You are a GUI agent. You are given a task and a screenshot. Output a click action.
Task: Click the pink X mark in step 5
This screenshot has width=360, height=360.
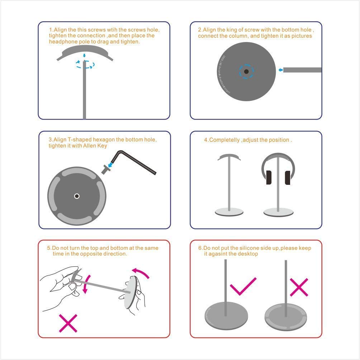(68, 323)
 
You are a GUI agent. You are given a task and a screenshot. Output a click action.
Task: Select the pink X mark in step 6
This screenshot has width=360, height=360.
(299, 287)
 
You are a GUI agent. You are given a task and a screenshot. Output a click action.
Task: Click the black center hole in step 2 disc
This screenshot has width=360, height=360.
(246, 71)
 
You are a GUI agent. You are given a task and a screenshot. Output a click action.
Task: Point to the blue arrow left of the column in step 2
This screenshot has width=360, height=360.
(280, 70)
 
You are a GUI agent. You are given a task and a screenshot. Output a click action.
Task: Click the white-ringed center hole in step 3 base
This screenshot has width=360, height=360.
(77, 196)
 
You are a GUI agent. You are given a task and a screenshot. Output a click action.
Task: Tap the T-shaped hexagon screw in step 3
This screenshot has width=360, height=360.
(106, 169)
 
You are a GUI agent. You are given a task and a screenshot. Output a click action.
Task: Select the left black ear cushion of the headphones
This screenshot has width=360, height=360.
(269, 177)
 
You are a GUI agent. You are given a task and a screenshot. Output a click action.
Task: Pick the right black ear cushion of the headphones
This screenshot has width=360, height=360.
(288, 178)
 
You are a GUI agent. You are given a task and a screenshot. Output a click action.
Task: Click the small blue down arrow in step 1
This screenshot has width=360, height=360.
(84, 55)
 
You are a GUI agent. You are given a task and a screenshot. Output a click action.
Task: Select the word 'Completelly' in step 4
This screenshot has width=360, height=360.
(224, 140)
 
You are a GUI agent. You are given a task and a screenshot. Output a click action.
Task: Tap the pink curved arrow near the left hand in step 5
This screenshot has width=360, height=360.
(86, 284)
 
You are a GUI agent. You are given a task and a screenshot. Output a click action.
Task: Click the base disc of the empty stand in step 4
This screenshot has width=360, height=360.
(229, 212)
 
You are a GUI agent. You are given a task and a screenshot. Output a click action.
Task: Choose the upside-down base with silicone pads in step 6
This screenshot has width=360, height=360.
(286, 317)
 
